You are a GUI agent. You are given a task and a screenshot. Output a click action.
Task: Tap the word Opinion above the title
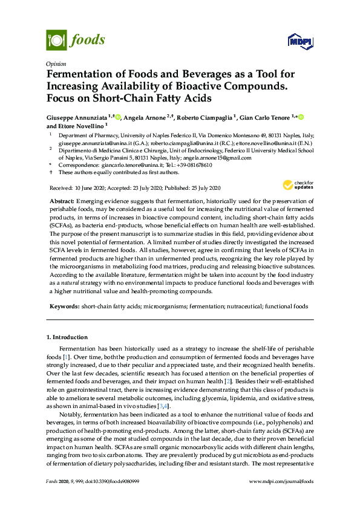[x=56, y=63]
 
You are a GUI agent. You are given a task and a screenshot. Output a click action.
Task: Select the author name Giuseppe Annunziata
[x=77, y=117]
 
